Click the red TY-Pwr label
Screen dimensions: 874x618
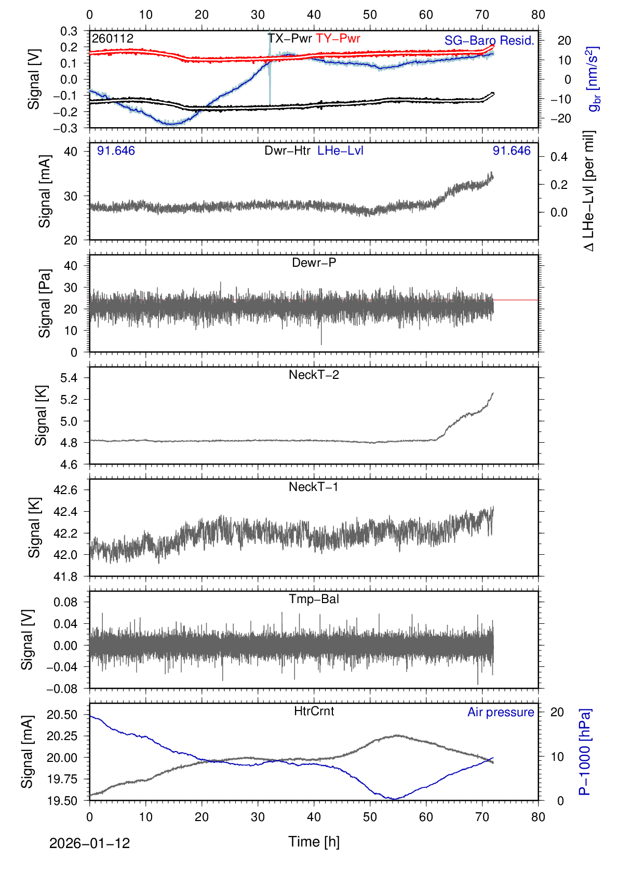tap(338, 38)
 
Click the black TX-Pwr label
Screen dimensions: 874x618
tap(290, 38)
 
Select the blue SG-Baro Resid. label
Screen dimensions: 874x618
tap(489, 40)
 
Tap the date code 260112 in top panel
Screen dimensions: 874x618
tap(113, 38)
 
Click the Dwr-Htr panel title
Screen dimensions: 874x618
tap(287, 151)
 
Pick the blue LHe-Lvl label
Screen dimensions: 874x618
tap(340, 151)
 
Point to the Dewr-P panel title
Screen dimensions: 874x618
tap(314, 263)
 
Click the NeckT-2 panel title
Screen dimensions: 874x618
tap(314, 375)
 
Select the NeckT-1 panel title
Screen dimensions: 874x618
tap(314, 487)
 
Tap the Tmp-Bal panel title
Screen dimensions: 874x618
tap(314, 599)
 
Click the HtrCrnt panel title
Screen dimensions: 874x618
tap(314, 711)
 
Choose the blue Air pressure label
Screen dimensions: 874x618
tap(501, 712)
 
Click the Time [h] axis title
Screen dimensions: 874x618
tap(314, 841)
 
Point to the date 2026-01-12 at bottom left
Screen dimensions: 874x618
tap(89, 843)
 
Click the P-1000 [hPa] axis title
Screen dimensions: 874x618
tap(585, 752)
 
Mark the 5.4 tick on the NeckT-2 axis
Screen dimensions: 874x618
tap(69, 378)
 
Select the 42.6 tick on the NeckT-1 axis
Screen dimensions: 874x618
tap(65, 490)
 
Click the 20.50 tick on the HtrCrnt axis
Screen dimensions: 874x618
tap(62, 715)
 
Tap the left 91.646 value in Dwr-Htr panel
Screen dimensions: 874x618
tap(116, 151)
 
